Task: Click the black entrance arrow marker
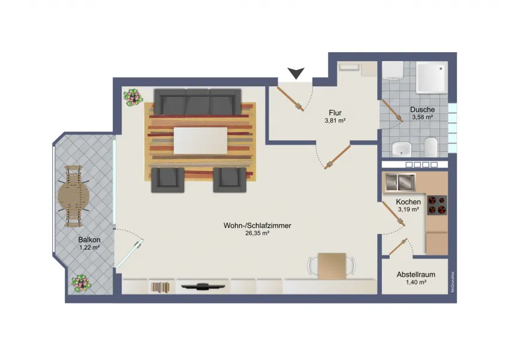(296, 73)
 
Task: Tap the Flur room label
(335, 113)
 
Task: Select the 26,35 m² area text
(257, 233)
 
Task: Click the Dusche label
(422, 110)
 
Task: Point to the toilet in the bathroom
(431, 146)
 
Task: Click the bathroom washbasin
(402, 149)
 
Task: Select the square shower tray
(432, 77)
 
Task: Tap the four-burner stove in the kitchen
(437, 205)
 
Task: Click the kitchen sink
(400, 182)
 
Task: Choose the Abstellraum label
(416, 275)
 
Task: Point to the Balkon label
(89, 240)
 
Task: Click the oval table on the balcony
(73, 196)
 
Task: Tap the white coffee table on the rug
(200, 140)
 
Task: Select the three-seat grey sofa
(197, 101)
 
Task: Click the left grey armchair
(167, 179)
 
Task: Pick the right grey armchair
(230, 179)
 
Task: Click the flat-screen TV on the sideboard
(203, 286)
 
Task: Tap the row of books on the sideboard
(160, 287)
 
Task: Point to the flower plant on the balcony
(81, 283)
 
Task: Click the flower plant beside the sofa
(132, 98)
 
